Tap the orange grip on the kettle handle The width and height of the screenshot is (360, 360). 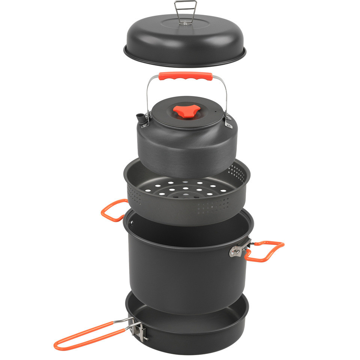coord(186,76)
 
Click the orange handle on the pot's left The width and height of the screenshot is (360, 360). coord(112,210)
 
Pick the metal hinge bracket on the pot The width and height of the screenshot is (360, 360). coord(238,249)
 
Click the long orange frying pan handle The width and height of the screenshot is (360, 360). coord(90,334)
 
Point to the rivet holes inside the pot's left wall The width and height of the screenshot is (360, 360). coord(131,225)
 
